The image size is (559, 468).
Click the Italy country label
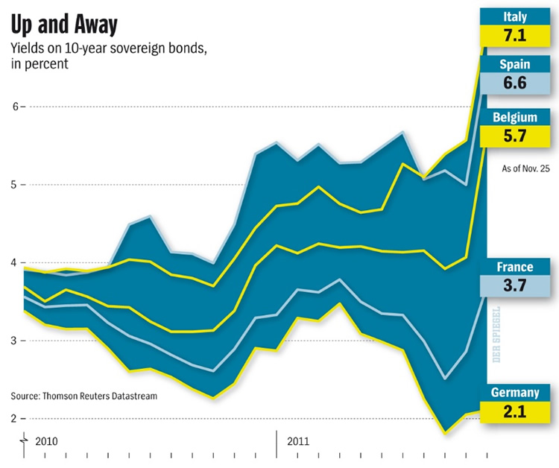[515, 15]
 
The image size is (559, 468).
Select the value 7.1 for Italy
[515, 36]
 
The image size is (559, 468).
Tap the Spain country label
[515, 64]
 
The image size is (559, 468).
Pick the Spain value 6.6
[515, 83]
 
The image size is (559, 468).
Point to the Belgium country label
[515, 117]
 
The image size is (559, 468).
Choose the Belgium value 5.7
[515, 136]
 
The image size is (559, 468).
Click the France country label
[515, 267]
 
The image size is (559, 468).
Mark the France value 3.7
[515, 287]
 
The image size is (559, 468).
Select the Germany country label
[515, 393]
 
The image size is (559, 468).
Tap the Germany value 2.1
[515, 411]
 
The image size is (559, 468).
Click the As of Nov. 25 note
[526, 169]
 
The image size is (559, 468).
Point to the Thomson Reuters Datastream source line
[83, 396]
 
